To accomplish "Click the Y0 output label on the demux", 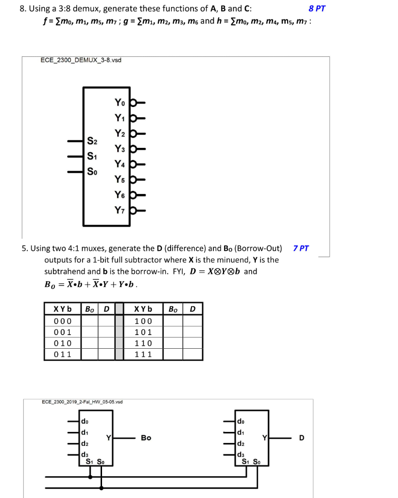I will [x=120, y=103].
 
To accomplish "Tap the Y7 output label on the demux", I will [x=120, y=211].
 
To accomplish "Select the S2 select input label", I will [x=92, y=142].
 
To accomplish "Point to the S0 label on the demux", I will [x=92, y=172].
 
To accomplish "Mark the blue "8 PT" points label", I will [x=317, y=8].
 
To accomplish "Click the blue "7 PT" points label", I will [x=301, y=248].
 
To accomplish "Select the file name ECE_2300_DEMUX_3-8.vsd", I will [x=81, y=60].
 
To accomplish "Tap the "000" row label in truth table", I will [x=62, y=321].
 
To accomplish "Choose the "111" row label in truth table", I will [x=143, y=354].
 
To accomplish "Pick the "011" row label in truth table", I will [x=62, y=354].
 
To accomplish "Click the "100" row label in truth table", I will [x=143, y=321].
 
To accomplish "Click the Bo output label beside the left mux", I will [x=146, y=438].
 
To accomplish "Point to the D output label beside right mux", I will [x=302, y=438].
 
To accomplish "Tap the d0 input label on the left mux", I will [x=85, y=421].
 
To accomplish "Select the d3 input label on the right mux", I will [x=241, y=455].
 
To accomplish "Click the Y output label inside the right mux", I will [x=265, y=437].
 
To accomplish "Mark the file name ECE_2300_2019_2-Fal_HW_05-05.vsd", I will [x=82, y=402].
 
